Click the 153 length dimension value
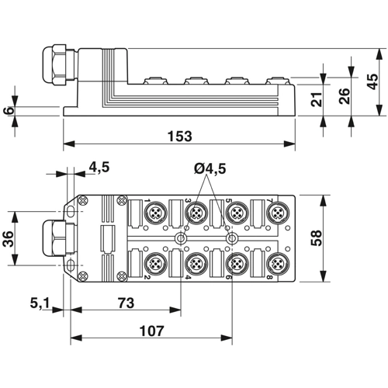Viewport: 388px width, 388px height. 180,137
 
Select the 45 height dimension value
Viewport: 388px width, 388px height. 372,81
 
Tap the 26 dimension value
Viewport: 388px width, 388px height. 345,96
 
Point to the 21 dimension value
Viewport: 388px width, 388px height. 317,99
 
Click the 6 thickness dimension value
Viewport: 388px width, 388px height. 9,111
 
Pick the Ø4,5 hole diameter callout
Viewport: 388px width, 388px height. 210,168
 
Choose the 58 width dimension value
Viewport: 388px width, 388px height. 317,238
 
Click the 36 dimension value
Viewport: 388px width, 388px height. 8,239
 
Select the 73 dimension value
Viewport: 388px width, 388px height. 126,303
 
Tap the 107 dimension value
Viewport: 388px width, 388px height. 151,331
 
